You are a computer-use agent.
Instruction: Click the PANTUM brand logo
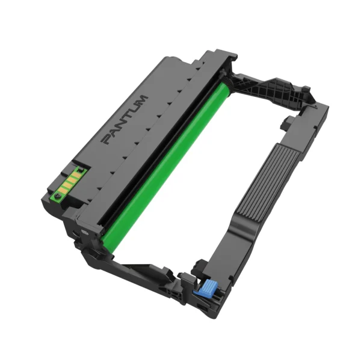pos(125,120)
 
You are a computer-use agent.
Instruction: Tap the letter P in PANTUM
pos(106,140)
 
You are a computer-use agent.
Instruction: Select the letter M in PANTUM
pos(142,100)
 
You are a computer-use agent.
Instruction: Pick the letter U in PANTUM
pos(134,109)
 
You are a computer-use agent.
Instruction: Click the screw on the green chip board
pos(57,196)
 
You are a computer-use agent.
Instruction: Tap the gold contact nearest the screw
pos(62,190)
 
